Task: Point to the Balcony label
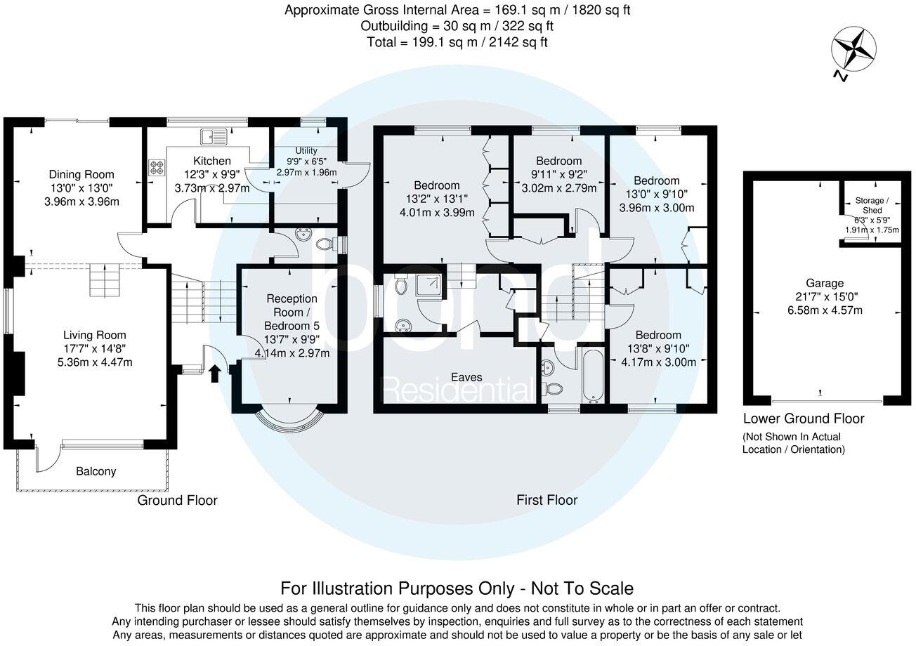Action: [x=96, y=472]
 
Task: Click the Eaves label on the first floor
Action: [x=462, y=377]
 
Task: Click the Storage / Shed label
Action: [x=872, y=206]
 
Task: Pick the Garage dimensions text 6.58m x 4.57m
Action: [x=824, y=310]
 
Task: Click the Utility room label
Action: [x=306, y=151]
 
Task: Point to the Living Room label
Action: [x=95, y=335]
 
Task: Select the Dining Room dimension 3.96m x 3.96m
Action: [x=81, y=202]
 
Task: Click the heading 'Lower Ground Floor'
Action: [x=804, y=419]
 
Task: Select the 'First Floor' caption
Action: [x=547, y=500]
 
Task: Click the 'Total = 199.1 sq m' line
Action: [x=457, y=42]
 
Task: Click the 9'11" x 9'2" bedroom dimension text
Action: [x=558, y=174]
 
